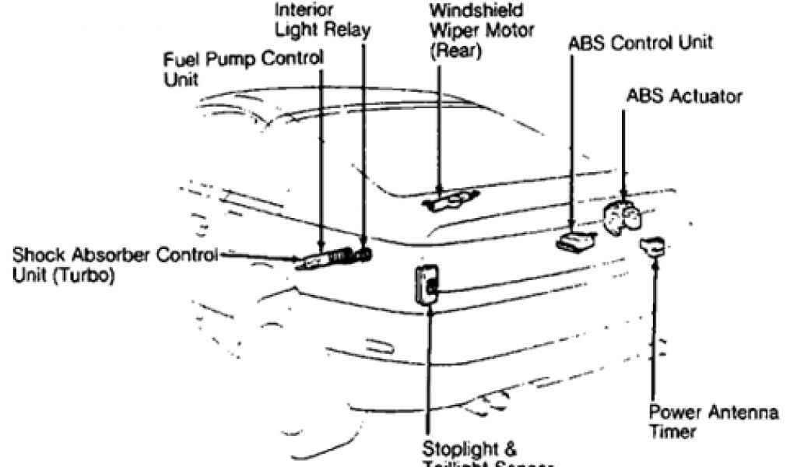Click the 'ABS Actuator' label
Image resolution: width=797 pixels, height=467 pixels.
coord(684,97)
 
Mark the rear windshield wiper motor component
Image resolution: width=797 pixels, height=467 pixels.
coord(442,202)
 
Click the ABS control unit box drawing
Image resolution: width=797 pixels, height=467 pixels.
coord(576,241)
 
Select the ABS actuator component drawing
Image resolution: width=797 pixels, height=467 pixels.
coord(622,217)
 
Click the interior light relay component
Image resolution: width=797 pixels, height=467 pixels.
coord(361,253)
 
